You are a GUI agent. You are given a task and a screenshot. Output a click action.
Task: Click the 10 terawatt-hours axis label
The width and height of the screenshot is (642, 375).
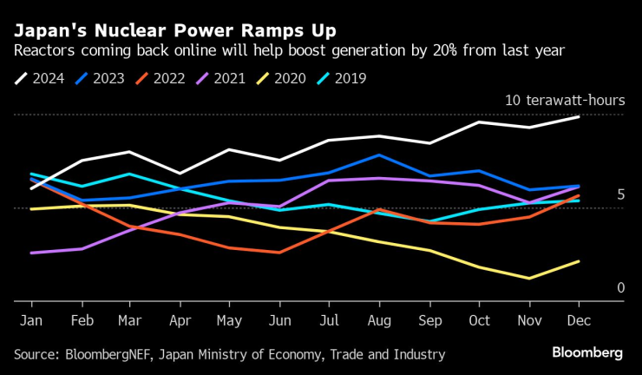click(x=564, y=101)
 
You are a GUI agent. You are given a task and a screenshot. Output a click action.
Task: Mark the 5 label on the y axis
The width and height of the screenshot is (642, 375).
click(x=620, y=194)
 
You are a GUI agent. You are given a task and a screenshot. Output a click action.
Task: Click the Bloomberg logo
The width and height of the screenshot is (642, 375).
click(x=587, y=352)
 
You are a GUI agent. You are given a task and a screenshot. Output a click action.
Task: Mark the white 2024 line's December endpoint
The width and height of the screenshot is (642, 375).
click(x=579, y=116)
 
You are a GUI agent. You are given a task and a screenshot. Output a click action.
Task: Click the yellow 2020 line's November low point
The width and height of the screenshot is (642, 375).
click(x=529, y=279)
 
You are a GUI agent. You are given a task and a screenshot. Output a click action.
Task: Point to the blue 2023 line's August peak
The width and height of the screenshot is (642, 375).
click(x=379, y=155)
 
